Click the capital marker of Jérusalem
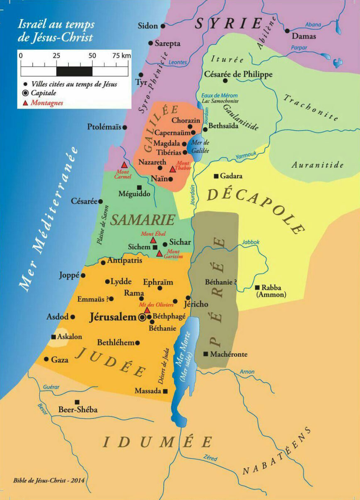(x=143, y=317)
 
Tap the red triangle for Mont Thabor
(x=173, y=169)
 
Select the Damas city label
(x=304, y=36)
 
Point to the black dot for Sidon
(x=163, y=26)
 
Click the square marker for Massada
(x=165, y=391)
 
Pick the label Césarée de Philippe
(x=238, y=75)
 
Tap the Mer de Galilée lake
(x=195, y=145)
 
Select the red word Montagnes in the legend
(x=46, y=103)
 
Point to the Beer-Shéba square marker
(x=77, y=402)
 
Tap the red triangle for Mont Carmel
(x=123, y=165)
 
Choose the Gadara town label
(x=231, y=176)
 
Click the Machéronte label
(x=229, y=354)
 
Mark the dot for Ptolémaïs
(x=124, y=127)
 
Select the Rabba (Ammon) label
(x=271, y=291)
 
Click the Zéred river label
(x=210, y=458)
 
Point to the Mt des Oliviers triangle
(x=147, y=310)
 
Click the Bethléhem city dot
(x=138, y=343)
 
